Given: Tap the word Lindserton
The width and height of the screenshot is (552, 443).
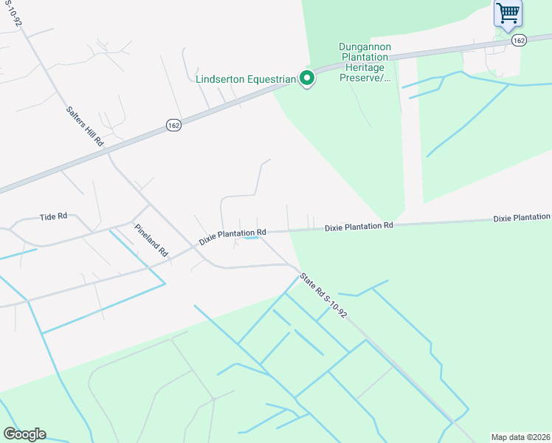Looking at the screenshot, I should [x=222, y=79].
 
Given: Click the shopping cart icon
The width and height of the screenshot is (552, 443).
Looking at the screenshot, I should [x=507, y=13].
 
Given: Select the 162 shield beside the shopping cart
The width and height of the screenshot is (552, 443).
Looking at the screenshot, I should [x=518, y=41].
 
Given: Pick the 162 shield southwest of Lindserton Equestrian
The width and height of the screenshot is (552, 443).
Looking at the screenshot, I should [x=173, y=125].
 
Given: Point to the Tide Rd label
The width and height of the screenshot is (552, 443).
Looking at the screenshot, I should [x=53, y=216].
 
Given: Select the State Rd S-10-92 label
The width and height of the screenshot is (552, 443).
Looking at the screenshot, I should [x=323, y=295].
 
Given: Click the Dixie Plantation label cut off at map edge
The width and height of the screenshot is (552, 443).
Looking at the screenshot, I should [x=522, y=218].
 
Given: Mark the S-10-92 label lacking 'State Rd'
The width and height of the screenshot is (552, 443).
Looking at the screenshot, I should [x=13, y=13].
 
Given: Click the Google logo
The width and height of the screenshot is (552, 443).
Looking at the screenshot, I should [x=24, y=434].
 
